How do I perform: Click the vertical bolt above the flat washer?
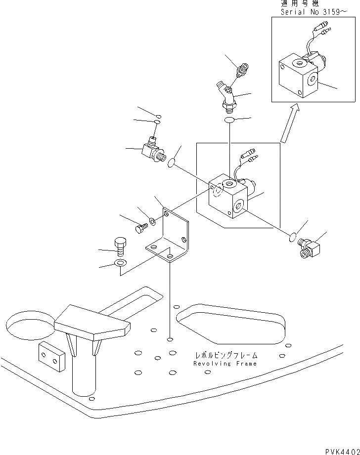120,246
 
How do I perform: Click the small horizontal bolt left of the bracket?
140,228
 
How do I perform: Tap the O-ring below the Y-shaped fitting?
230,121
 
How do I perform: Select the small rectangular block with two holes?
51,356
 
